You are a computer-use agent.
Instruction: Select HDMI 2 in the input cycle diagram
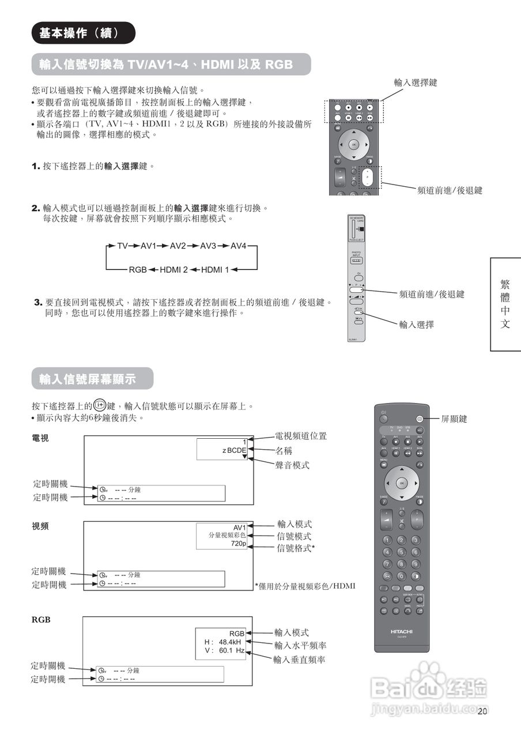coord(173,270)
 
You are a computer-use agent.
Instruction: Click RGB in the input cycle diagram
coord(138,270)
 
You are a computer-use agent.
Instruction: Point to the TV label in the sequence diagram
coord(122,246)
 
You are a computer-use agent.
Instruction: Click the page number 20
coord(483,711)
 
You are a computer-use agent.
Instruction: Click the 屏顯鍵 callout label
coord(454,419)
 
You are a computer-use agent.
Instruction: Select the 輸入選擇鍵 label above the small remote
coord(416,82)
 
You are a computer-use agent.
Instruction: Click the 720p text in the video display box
coord(239,544)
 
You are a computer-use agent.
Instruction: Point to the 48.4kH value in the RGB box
coord(231,642)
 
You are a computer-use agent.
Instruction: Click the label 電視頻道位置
coord(301,436)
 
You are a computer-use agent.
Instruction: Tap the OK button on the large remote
coord(402,483)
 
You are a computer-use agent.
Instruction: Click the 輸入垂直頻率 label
coord(300,659)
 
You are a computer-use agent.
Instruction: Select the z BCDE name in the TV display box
coord(234,450)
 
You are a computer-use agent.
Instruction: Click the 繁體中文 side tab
coord(505,304)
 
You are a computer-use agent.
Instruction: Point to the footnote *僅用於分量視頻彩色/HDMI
coord(305,586)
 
